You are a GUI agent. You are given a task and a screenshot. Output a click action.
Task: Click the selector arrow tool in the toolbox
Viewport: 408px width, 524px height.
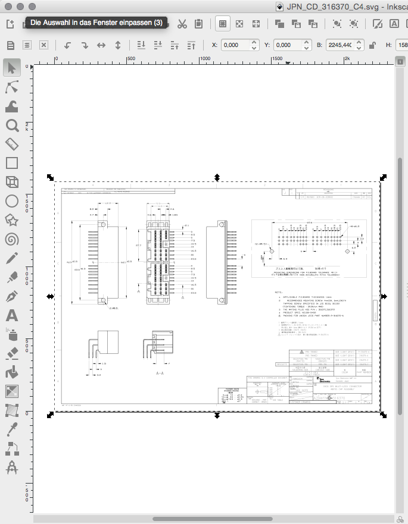[11, 68]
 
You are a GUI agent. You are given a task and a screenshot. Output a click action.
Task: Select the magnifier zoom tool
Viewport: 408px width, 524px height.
[11, 125]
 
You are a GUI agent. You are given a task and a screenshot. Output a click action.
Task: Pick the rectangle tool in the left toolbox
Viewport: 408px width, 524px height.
[11, 163]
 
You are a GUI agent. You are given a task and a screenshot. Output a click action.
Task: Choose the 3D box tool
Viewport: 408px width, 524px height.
[11, 182]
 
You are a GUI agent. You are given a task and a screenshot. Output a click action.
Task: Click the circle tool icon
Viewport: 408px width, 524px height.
[11, 201]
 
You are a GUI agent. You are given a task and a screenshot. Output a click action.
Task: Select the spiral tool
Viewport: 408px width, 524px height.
[11, 239]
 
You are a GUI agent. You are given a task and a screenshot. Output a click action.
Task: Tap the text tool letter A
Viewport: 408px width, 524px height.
[11, 315]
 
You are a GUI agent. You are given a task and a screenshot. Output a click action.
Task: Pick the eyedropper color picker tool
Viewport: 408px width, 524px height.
[11, 429]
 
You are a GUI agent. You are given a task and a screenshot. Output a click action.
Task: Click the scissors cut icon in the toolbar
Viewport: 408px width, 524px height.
[182, 24]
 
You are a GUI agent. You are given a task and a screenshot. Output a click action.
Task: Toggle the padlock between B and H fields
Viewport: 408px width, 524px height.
[373, 45]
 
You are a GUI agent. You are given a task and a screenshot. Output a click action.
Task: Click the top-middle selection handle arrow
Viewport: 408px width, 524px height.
[217, 177]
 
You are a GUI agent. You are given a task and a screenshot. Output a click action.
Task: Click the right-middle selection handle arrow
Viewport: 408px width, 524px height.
[384, 296]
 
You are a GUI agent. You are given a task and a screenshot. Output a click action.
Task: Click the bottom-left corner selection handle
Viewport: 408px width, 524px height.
[51, 415]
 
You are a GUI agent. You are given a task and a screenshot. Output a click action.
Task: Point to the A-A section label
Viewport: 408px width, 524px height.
[160, 374]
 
